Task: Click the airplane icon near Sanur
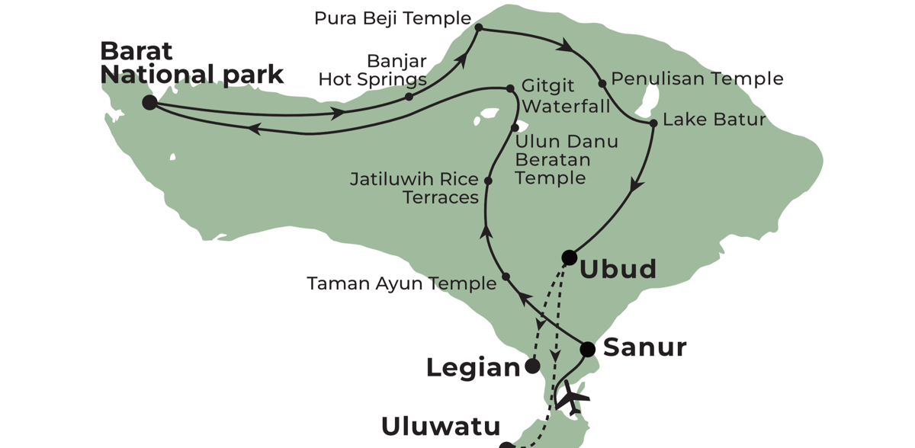tap(573, 398)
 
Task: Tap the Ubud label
tap(618, 270)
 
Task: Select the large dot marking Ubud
tap(569, 258)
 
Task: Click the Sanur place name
tap(644, 347)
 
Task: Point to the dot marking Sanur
tap(587, 350)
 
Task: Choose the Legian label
tap(473, 368)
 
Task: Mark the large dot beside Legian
tap(533, 366)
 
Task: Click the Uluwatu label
tap(441, 427)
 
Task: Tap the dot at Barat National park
tap(149, 102)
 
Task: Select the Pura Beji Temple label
tap(393, 18)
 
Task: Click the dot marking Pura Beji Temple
tap(479, 27)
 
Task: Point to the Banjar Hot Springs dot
tap(409, 97)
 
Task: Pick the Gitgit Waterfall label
tap(566, 96)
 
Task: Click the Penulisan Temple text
tap(697, 78)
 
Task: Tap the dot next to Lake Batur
tap(653, 123)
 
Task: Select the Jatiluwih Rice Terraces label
tap(414, 188)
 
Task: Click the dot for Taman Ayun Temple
tap(506, 277)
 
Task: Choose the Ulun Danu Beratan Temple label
tap(565, 160)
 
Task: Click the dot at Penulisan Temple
tap(602, 84)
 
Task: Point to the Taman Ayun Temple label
tap(401, 283)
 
